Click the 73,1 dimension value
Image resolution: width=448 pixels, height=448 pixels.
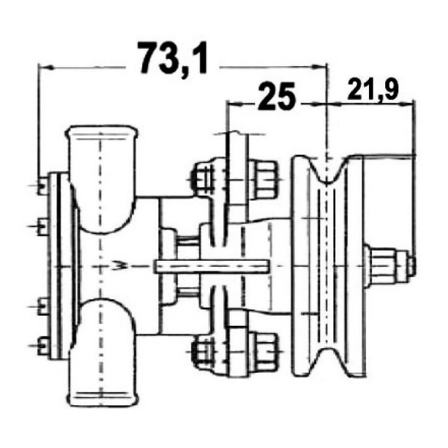coord(173,59)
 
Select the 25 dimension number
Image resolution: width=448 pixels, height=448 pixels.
coord(276,96)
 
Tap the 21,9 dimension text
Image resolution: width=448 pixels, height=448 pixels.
coord(373,90)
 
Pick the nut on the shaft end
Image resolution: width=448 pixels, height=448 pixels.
coord(410,266)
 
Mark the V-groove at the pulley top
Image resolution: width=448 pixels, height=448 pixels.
coord(328,170)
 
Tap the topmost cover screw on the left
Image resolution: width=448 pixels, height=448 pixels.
coord(42,186)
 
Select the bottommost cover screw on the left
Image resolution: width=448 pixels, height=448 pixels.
coord(42,346)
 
